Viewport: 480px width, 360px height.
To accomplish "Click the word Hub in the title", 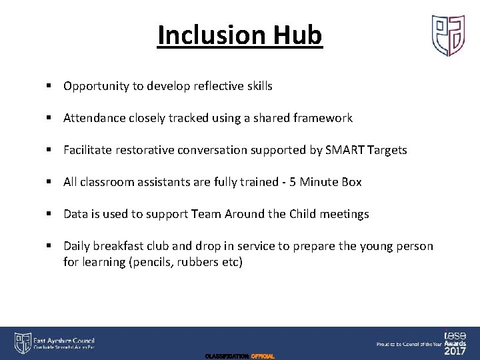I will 301,35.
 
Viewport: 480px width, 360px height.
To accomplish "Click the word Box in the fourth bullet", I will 351,182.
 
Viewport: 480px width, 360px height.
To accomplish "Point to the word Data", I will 75,214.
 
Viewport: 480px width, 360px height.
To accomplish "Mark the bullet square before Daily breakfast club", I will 50,246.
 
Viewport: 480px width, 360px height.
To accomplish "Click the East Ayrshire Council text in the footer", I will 64,340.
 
